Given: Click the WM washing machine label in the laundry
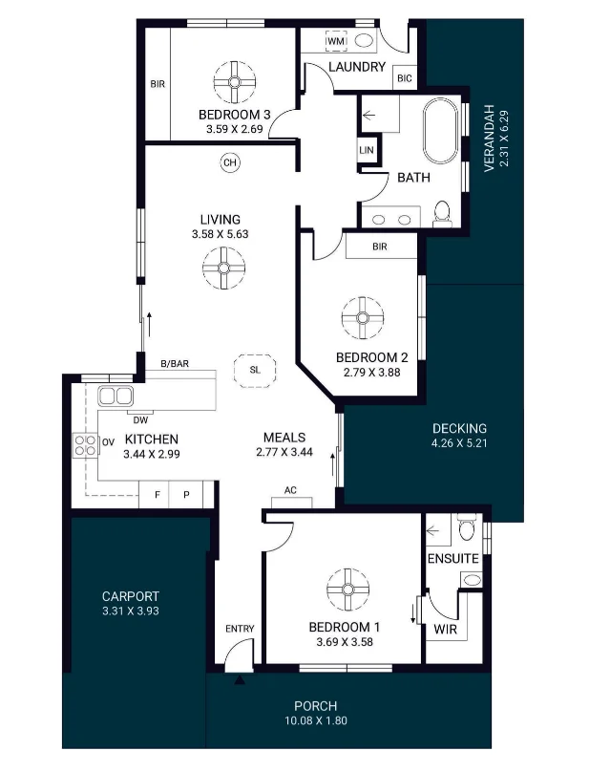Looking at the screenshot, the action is (336, 41).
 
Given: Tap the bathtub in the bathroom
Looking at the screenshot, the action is (441, 131).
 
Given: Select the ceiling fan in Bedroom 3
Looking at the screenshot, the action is (235, 82).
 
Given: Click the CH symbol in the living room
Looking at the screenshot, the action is (230, 162).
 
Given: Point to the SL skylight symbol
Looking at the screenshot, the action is (255, 370).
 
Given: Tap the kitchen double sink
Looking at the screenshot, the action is (116, 396).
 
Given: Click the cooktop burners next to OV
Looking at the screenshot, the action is (85, 445).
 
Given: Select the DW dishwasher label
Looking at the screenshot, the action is (140, 420).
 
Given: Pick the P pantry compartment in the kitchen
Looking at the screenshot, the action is (186, 494).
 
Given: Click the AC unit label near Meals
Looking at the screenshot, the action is (290, 490).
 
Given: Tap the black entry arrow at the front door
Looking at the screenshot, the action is (240, 680).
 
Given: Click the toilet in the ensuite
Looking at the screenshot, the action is (467, 527).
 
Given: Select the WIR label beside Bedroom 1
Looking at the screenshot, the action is (445, 630).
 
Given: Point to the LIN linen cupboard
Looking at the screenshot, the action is (367, 150).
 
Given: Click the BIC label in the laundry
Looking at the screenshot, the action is (405, 78).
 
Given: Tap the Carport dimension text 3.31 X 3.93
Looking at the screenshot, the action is (131, 611).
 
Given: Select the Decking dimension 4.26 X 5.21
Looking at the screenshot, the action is (459, 443).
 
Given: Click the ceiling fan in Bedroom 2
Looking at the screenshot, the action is (363, 318).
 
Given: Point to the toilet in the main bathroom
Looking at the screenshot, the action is (442, 213).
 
